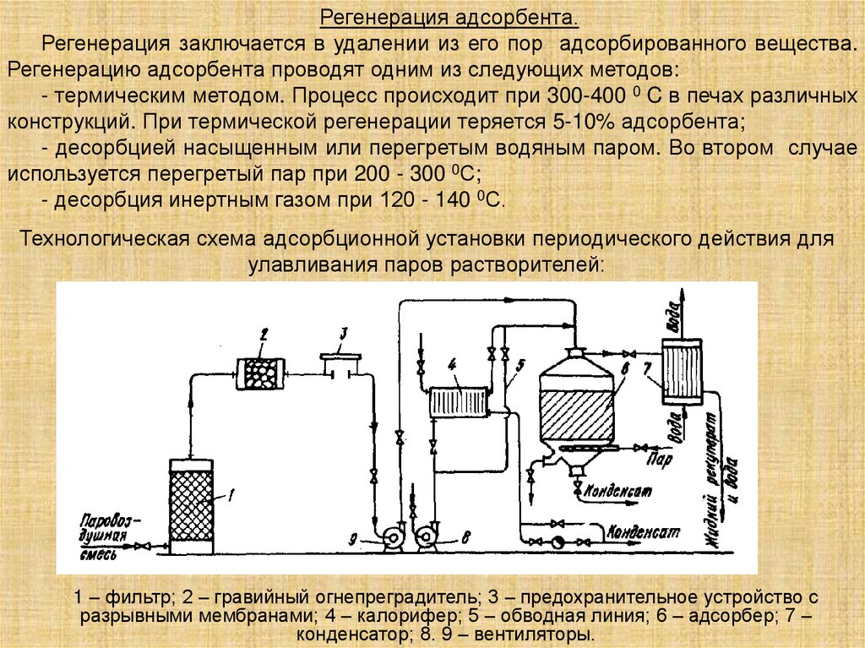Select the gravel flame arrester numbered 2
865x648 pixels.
[x=262, y=373]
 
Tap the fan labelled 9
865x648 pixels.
[x=391, y=535]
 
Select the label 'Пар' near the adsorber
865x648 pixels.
[x=659, y=460]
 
